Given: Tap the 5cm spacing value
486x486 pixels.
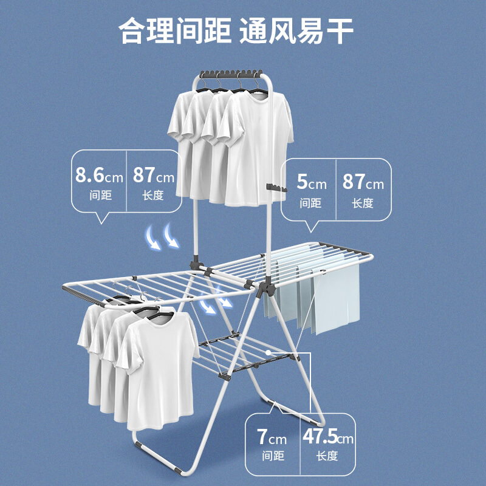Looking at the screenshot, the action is (312, 182).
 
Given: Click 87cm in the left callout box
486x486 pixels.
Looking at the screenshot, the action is (153, 177).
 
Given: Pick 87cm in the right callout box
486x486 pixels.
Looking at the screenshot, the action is (363, 182).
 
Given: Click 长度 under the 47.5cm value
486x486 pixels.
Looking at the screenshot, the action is (327, 456).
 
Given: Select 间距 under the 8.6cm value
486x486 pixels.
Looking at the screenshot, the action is (99, 196).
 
